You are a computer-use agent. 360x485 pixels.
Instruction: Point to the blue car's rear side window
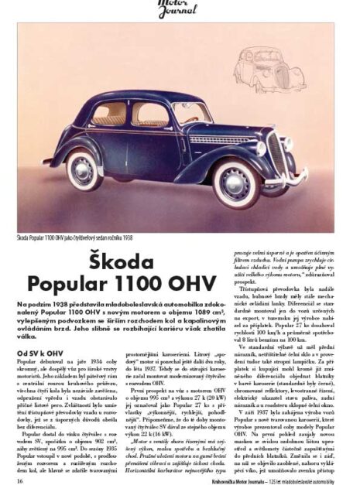point(109,114)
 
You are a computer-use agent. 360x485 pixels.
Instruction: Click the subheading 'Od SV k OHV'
point(35,352)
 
